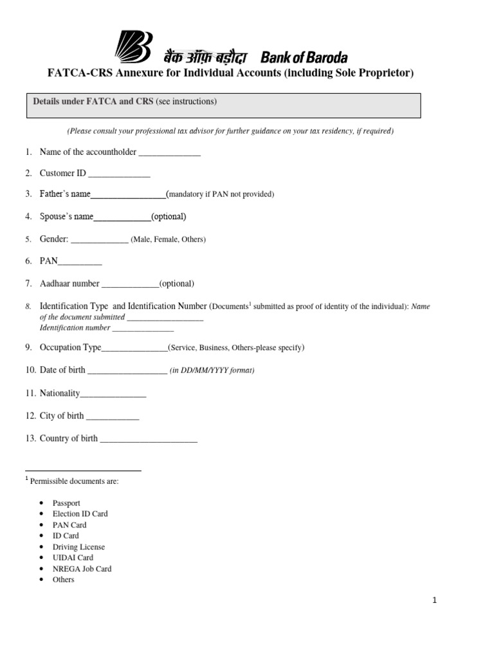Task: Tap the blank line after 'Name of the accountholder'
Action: pos(170,153)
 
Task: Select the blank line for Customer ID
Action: pos(119,174)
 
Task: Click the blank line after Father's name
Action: pos(128,195)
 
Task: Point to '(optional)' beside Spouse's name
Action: pos(169,217)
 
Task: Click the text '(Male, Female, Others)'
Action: pos(168,240)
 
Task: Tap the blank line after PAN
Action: pos(80,262)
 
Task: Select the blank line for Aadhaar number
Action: pos(130,284)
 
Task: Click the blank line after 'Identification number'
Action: pos(143,328)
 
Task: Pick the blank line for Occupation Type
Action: pos(134,349)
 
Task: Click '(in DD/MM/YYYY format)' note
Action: pos(212,371)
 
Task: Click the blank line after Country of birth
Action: pos(149,440)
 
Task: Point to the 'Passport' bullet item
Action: pos(66,503)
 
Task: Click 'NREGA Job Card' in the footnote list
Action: pos(82,569)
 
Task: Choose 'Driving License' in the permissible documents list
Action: pos(78,547)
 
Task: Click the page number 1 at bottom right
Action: pos(435,600)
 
